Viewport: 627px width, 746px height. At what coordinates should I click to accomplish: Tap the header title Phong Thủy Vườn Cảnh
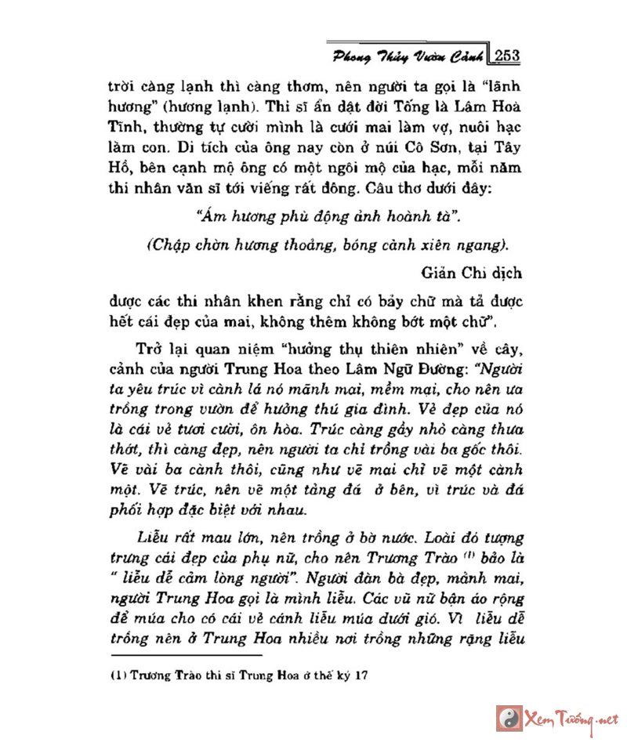[x=407, y=56]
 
